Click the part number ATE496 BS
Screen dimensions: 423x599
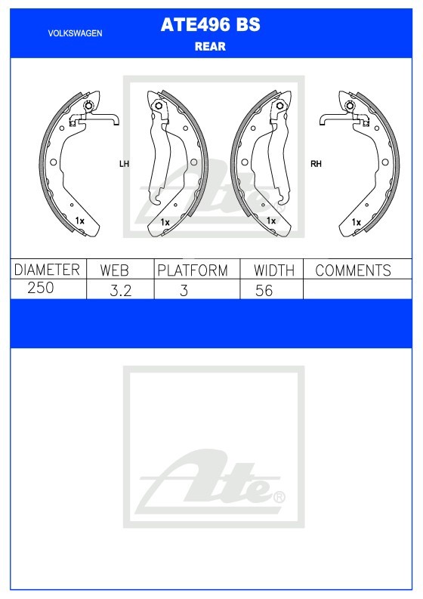[x=210, y=25]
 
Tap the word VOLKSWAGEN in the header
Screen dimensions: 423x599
[x=75, y=33]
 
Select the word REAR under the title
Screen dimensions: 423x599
[x=210, y=47]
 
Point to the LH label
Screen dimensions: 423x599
[x=124, y=164]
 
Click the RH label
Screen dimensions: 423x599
[x=316, y=164]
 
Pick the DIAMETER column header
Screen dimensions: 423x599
[x=47, y=270]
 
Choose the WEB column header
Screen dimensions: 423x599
[x=114, y=270]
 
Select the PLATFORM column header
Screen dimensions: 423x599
[x=193, y=270]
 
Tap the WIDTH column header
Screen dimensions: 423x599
[x=274, y=270]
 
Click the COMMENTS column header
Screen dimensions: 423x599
[x=353, y=270]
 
